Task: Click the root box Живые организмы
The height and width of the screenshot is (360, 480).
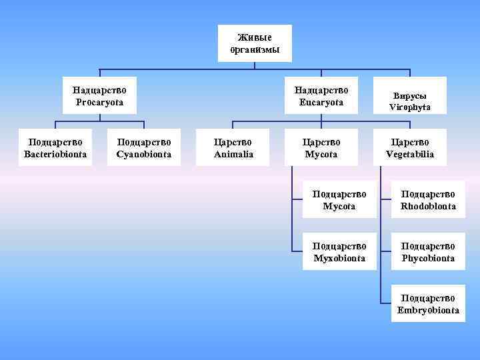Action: point(255,43)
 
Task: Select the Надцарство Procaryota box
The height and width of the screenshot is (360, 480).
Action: point(100,95)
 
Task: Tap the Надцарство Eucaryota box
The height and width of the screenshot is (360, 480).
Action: point(321,95)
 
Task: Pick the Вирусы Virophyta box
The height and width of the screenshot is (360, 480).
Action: point(409,101)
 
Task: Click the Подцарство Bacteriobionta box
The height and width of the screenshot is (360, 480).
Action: point(55,147)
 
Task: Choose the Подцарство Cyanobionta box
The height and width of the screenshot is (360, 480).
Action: point(144,147)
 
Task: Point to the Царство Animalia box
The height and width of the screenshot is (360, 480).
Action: point(233,147)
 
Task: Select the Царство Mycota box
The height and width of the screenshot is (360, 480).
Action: point(321,147)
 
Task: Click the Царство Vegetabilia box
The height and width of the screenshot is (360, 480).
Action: point(409,147)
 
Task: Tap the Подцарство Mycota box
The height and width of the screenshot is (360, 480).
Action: point(339,199)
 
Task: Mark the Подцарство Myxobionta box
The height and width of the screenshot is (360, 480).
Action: point(339,251)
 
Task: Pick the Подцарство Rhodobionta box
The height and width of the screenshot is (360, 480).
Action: point(428,199)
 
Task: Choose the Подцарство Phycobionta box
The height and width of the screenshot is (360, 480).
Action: point(428,251)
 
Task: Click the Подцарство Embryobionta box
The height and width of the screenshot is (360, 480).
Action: point(428,303)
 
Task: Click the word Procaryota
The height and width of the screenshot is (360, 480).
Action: point(100,102)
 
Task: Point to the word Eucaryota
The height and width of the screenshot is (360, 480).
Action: point(321,102)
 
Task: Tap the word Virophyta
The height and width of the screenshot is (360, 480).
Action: point(409,107)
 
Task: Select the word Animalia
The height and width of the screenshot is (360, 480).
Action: point(233,154)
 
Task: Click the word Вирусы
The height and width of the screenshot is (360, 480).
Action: point(409,95)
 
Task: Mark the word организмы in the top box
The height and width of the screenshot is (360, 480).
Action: point(255,50)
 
